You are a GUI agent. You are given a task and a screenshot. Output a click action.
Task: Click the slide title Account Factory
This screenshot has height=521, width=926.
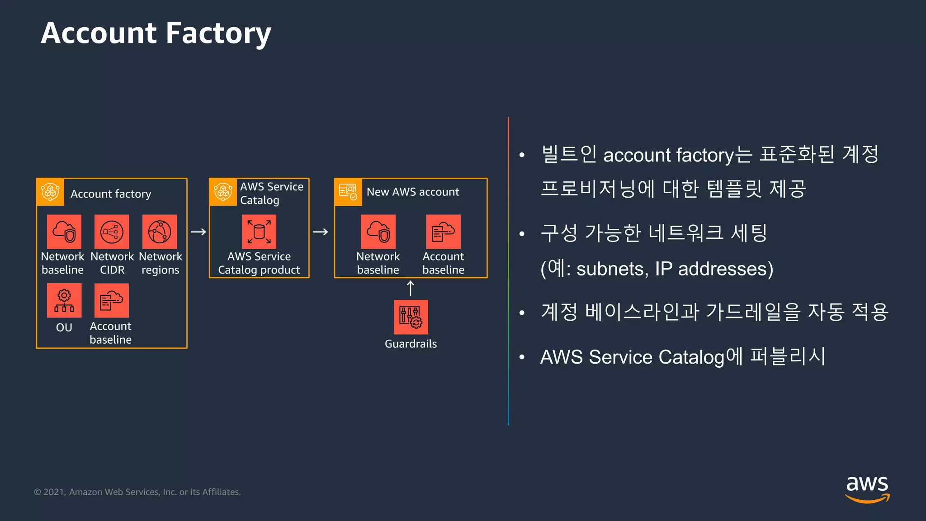point(156,33)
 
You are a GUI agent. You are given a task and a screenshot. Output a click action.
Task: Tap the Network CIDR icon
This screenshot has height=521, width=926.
point(112,232)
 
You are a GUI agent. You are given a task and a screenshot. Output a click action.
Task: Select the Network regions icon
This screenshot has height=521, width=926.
point(160,232)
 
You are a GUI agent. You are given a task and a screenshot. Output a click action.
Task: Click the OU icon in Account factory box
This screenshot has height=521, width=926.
point(64,301)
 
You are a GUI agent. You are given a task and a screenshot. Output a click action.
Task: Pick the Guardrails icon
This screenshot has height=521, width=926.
point(411,317)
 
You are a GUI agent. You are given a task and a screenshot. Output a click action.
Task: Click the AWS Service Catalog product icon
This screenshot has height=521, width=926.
point(259,232)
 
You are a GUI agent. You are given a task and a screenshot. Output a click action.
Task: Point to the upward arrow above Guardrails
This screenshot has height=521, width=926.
point(411,288)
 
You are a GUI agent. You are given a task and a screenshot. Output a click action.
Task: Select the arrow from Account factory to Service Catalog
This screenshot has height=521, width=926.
point(198,232)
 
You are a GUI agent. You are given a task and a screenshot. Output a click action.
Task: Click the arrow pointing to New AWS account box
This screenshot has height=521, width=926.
point(320,232)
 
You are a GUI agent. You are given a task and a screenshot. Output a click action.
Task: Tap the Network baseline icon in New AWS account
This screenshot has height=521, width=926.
point(378,232)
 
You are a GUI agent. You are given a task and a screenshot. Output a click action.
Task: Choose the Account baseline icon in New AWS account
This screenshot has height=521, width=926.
point(443,232)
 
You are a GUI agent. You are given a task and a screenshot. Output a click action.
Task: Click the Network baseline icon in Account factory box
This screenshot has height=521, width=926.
point(64,232)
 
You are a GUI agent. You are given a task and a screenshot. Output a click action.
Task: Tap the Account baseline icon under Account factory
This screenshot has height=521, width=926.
point(112,301)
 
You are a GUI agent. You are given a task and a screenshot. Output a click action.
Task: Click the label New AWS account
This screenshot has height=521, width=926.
point(413,192)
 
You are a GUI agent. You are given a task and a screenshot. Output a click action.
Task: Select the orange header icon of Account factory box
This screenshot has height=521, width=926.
point(50,192)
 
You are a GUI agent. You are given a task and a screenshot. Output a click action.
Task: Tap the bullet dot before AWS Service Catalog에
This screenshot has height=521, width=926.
point(522,357)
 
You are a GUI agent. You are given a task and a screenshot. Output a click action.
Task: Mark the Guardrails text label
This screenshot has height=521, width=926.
point(411,344)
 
